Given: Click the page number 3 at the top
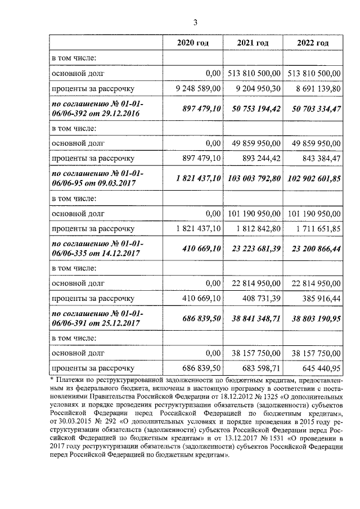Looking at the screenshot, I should tap(195, 22).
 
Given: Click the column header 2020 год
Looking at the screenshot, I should tap(192, 43).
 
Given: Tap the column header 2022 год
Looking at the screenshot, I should tap(313, 43).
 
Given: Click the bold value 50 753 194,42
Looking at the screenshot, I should tap(254, 108).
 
